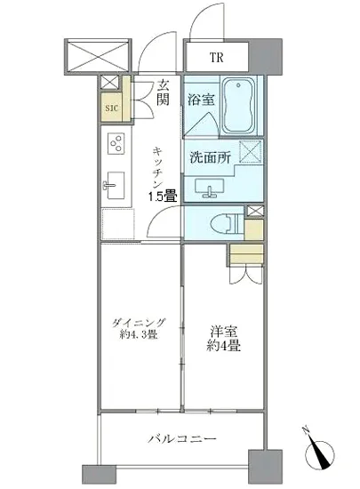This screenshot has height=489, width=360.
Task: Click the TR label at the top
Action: pyautogui.click(x=215, y=59)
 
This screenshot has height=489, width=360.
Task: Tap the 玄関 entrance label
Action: pyautogui.click(x=164, y=92)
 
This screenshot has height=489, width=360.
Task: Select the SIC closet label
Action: pyautogui.click(x=112, y=109)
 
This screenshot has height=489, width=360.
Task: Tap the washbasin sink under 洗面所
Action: pyautogui.click(x=211, y=188)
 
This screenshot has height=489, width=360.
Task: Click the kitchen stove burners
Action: pyautogui.click(x=116, y=141)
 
